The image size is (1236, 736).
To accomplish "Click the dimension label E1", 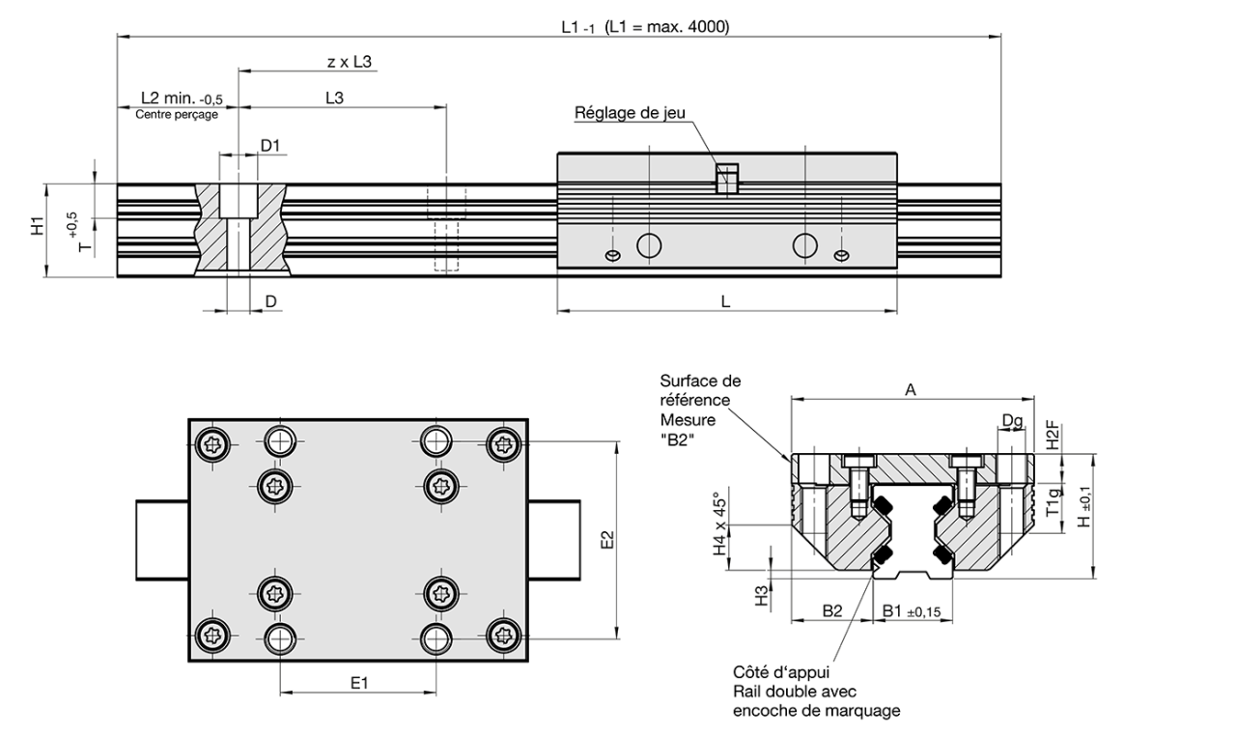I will pyautogui.click(x=358, y=683).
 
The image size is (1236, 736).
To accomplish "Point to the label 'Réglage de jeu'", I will pyautogui.click(x=630, y=112).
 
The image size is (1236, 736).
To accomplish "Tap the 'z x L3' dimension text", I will pyautogui.click(x=350, y=62).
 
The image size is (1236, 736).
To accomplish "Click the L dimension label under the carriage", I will pyautogui.click(x=725, y=301).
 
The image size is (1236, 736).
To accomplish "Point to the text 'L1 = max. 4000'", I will pyautogui.click(x=667, y=27).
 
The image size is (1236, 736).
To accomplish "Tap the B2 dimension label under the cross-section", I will pyautogui.click(x=832, y=610).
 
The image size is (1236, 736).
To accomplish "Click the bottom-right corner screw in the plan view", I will pyautogui.click(x=501, y=635).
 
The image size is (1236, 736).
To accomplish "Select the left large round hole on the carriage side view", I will pyautogui.click(x=649, y=244).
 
